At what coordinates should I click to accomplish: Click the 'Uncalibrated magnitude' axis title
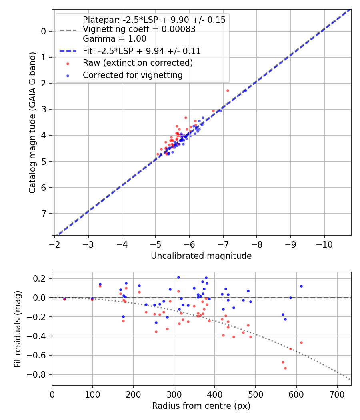[201, 256]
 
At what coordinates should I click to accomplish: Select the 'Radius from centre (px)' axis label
[201, 406]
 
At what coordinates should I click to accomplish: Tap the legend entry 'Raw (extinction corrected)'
[138, 63]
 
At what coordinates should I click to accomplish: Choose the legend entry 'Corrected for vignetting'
[132, 75]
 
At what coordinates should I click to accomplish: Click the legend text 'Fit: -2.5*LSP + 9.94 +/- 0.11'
[142, 51]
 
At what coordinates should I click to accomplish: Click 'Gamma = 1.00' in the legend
[114, 39]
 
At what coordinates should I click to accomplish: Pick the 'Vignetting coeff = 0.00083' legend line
[139, 29]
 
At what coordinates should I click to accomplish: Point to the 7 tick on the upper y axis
[44, 214]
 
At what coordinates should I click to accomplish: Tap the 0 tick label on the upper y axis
[44, 31]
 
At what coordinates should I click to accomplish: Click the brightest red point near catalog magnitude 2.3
[228, 90]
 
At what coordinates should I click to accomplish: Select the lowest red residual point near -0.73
[285, 368]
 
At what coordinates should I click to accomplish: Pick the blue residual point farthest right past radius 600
[301, 286]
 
